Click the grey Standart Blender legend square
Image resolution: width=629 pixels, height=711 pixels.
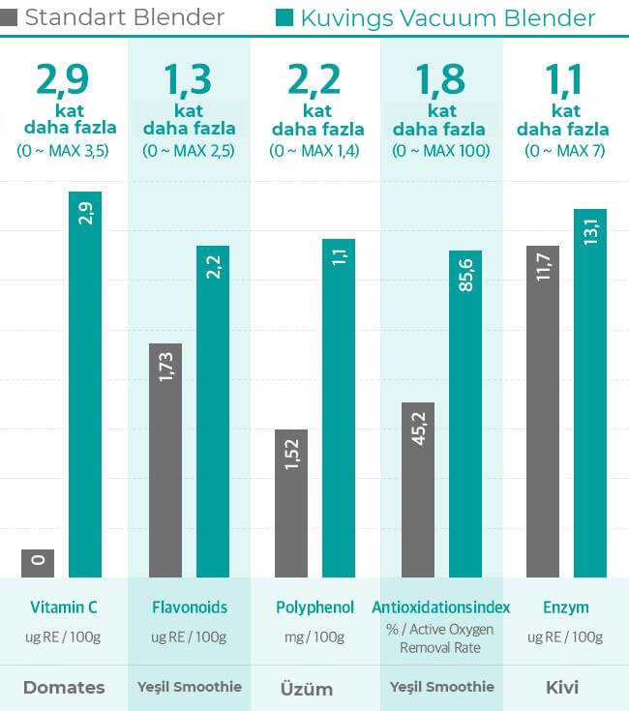(9, 17)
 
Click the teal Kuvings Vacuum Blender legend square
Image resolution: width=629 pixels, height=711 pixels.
(285, 17)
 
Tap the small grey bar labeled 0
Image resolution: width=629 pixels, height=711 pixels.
(38, 563)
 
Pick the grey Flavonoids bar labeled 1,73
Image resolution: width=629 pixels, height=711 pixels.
(165, 460)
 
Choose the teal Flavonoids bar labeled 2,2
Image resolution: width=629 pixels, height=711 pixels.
(213, 411)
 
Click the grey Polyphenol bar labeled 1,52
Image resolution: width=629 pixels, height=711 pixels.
(291, 503)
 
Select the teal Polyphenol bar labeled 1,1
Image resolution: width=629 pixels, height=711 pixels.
(339, 407)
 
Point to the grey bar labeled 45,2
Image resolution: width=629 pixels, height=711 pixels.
(418, 489)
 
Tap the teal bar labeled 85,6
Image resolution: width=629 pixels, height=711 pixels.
(465, 413)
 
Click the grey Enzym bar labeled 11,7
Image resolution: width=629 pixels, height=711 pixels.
(543, 411)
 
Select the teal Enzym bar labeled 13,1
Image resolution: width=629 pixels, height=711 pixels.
(590, 393)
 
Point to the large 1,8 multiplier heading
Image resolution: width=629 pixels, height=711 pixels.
(440, 79)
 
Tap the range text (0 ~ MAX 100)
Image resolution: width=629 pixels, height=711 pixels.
(440, 151)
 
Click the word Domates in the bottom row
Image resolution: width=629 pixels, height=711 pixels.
(64, 688)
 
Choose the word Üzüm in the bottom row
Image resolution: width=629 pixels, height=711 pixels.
(306, 689)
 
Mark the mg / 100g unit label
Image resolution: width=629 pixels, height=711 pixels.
(314, 637)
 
